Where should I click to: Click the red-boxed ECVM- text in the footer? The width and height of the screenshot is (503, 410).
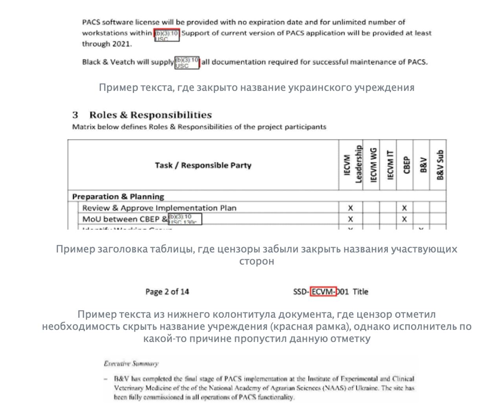pyautogui.click(x=323, y=292)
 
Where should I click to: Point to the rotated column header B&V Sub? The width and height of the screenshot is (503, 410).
pyautogui.click(x=440, y=165)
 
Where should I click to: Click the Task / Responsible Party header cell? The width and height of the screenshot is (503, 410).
pyautogui.click(x=203, y=165)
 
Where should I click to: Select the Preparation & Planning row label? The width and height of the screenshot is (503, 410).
pyautogui.click(x=118, y=196)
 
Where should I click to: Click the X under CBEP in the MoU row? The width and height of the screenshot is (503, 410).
pyautogui.click(x=404, y=219)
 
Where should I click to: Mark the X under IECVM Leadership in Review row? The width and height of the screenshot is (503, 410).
pyautogui.click(x=351, y=208)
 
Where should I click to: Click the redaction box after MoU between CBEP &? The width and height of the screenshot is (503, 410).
pyautogui.click(x=185, y=219)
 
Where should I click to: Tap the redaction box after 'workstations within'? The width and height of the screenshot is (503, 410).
pyautogui.click(x=167, y=35)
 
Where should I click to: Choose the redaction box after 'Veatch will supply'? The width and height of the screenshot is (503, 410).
pyautogui.click(x=187, y=63)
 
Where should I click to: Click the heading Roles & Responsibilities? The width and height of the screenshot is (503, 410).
pyautogui.click(x=151, y=115)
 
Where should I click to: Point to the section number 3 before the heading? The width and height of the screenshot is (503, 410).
pyautogui.click(x=75, y=115)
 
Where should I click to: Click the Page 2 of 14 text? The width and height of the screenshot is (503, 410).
pyautogui.click(x=167, y=292)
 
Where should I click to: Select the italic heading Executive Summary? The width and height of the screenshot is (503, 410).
pyautogui.click(x=131, y=364)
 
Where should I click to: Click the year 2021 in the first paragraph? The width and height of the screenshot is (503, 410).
pyautogui.click(x=121, y=44)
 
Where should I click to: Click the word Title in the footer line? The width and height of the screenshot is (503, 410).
pyautogui.click(x=360, y=292)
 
